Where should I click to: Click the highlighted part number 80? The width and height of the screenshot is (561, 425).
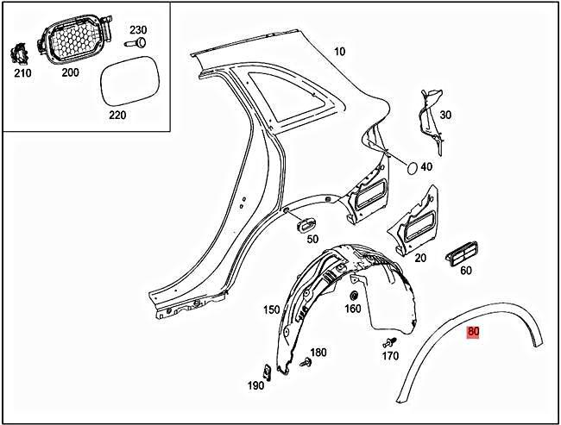(x=472, y=332)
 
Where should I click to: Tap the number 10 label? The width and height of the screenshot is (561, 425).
(x=339, y=52)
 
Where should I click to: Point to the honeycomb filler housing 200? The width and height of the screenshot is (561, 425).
(x=69, y=41)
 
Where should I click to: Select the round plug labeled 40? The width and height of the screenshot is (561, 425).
(x=413, y=166)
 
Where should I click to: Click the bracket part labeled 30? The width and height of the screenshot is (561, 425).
(x=426, y=110)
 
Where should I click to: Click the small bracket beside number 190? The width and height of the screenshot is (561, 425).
(x=268, y=372)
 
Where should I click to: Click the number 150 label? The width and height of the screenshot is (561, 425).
(x=271, y=310)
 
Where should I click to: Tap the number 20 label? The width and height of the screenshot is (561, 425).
(x=420, y=256)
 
